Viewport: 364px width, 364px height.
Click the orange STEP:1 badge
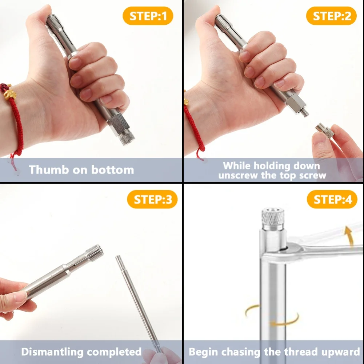tap(148, 16)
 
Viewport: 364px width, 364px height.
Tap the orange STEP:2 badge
tap(331, 16)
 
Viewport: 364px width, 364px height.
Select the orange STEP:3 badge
tap(152, 200)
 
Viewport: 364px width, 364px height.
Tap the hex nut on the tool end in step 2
tap(295, 103)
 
